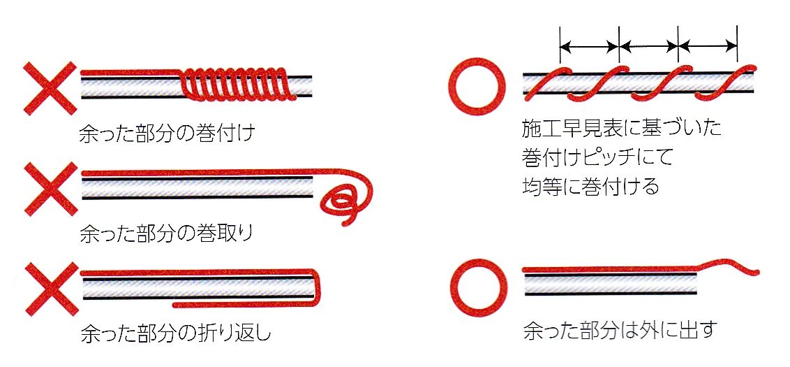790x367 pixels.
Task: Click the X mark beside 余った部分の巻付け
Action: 50,88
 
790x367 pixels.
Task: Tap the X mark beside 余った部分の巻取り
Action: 51,189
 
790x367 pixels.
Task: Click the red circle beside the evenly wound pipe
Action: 475,85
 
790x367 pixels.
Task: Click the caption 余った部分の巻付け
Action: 167,134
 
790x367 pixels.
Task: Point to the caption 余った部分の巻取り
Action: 166,233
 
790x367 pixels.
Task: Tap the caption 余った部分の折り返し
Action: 176,333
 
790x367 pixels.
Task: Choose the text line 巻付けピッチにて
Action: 597,157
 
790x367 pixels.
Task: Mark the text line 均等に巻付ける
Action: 590,186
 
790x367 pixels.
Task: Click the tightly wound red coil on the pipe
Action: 234,84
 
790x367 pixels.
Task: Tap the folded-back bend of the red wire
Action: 318,289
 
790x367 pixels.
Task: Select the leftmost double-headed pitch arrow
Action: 589,46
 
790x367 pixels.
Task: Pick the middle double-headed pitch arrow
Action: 648,46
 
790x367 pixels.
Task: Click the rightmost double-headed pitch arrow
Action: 708,46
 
